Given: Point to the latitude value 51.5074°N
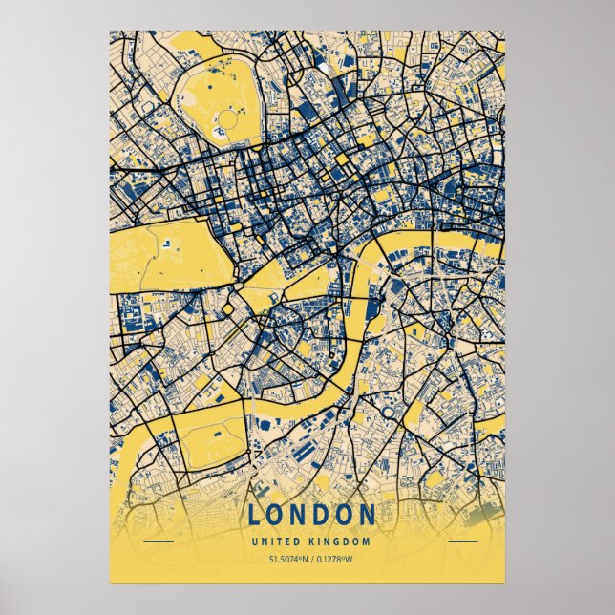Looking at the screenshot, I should (271, 560).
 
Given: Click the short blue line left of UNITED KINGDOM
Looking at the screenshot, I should (158, 541).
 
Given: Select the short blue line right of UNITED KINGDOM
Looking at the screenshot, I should (462, 541).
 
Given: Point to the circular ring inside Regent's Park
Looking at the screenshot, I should (228, 121).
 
